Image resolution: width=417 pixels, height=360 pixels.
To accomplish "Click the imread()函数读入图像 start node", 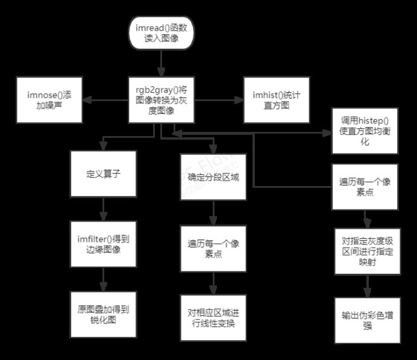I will coord(160,36).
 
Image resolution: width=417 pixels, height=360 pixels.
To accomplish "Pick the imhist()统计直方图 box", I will coord(272,99).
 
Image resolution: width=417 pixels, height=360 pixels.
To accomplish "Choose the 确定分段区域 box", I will coord(212,178).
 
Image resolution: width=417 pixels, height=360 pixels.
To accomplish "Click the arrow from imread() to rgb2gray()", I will coord(160,64).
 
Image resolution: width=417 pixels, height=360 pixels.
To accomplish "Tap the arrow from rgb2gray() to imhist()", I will coord(218,99).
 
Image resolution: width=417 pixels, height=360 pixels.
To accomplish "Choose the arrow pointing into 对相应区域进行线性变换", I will coord(212,282).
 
